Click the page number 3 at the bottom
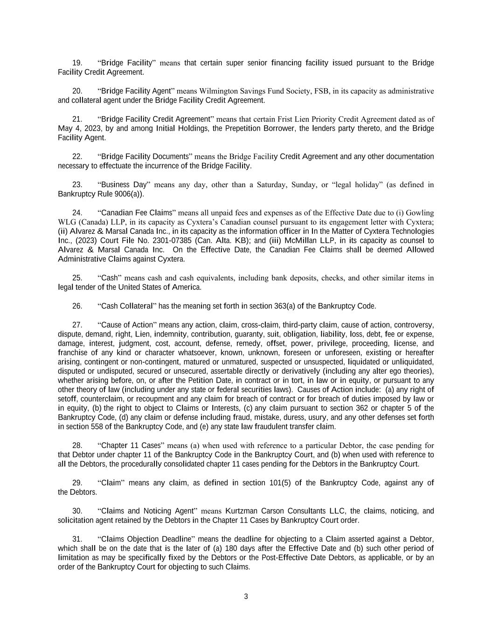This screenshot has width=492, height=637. (246, 596)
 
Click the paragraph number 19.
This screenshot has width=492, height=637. (77, 63)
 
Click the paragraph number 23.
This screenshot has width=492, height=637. (77, 185)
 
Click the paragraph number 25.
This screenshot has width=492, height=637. (77, 278)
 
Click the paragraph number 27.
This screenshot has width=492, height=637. (77, 325)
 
